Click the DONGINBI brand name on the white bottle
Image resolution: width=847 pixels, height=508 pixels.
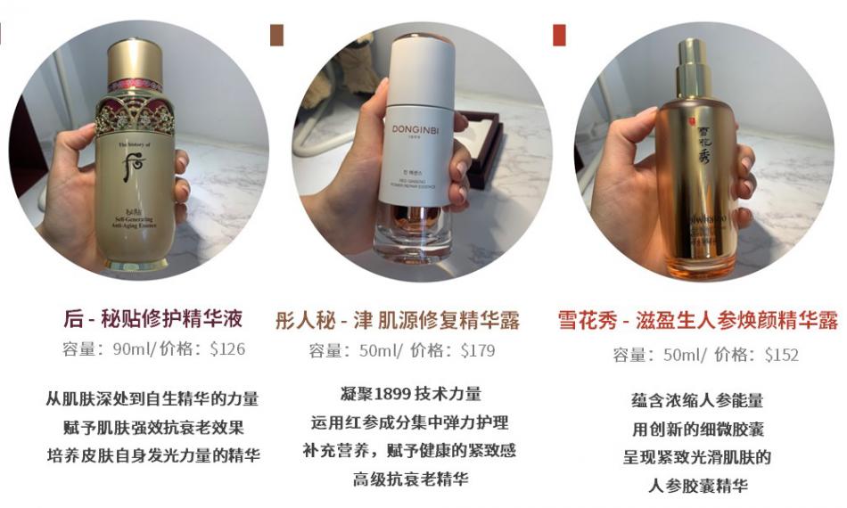click(x=416, y=128)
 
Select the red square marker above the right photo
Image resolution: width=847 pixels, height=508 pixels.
click(x=559, y=35)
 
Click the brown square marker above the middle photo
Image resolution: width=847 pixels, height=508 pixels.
click(x=276, y=35)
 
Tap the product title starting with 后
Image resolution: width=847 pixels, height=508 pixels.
click(x=153, y=319)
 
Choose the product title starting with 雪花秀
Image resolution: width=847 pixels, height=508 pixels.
click(x=697, y=321)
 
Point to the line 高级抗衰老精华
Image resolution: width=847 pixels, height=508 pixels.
click(x=409, y=479)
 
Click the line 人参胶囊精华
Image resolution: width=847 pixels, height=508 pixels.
click(x=697, y=486)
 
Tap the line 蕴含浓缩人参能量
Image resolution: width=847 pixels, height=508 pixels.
click(x=697, y=400)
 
